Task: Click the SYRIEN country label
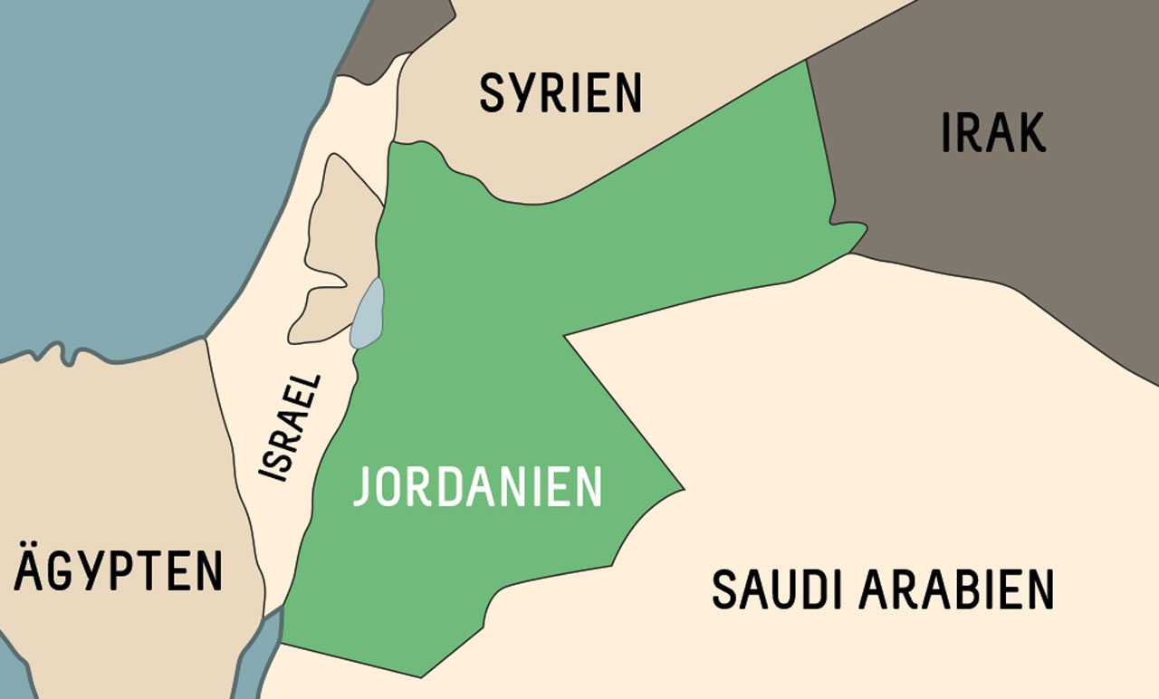click(560, 93)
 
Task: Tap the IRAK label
click(993, 132)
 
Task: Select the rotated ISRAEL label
click(291, 427)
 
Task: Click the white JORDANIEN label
click(477, 487)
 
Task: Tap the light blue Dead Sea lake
click(368, 314)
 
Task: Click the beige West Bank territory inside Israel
click(337, 244)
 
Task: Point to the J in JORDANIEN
click(362, 487)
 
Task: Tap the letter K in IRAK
click(1030, 132)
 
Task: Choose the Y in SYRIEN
click(520, 93)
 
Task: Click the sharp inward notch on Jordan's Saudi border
click(565, 337)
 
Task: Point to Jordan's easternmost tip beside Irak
click(866, 227)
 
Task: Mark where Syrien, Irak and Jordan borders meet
click(806, 62)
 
